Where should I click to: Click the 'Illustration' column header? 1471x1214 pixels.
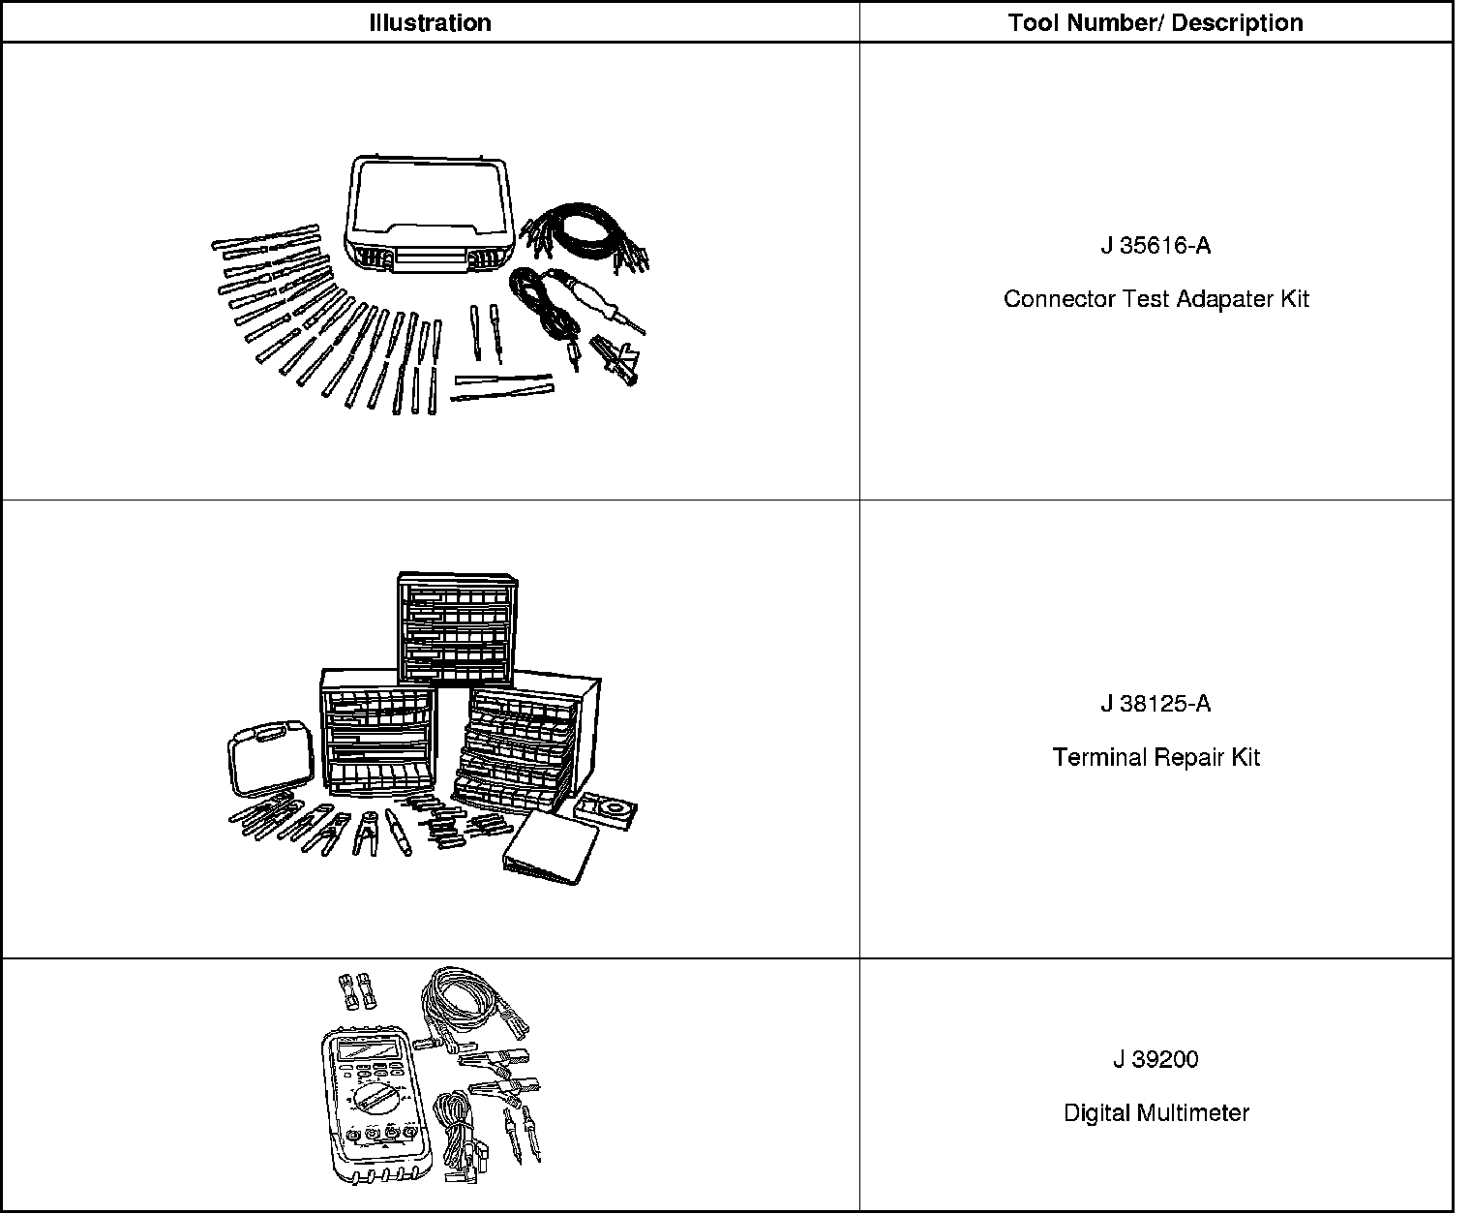(430, 22)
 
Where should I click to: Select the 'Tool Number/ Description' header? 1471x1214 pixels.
(1155, 22)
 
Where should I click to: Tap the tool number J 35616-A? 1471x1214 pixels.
(1155, 246)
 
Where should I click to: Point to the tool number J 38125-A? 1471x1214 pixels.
(1155, 704)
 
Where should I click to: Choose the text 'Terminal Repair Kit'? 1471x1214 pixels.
(1156, 757)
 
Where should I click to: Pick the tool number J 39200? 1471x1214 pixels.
(1155, 1060)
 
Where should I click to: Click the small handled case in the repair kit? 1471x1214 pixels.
(271, 756)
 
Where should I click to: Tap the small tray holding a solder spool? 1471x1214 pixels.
(605, 808)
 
